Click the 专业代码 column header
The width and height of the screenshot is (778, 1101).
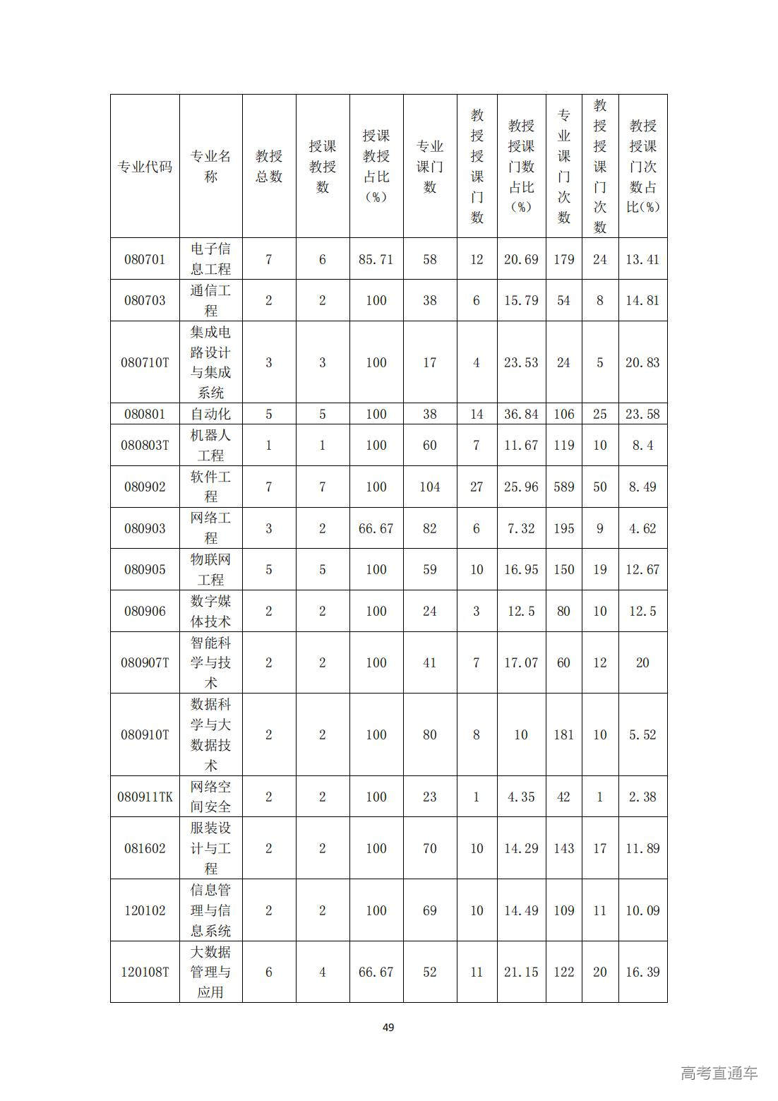(x=145, y=167)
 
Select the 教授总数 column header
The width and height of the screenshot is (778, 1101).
(x=268, y=167)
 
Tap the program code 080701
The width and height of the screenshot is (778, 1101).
(x=145, y=259)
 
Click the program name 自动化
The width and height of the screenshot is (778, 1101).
(x=210, y=414)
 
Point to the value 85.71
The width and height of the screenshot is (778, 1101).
(x=376, y=259)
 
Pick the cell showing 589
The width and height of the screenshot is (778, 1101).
(x=563, y=487)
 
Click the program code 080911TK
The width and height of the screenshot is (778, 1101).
(x=145, y=797)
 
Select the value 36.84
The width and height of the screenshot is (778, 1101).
(x=521, y=414)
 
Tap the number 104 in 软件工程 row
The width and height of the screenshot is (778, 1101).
(x=429, y=487)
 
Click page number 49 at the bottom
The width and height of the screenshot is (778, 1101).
(x=388, y=1028)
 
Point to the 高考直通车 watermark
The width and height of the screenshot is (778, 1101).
(x=719, y=1073)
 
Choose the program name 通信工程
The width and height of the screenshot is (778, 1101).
(x=210, y=300)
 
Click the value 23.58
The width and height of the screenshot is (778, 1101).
(x=642, y=414)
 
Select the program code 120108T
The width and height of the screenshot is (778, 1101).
(x=145, y=972)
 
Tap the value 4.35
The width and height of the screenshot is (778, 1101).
(x=521, y=797)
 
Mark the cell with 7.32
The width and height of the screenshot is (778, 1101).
(x=521, y=528)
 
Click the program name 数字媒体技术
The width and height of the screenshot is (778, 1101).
(x=210, y=611)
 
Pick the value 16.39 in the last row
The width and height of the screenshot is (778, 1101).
(x=642, y=972)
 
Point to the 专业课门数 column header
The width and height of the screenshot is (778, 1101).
(x=429, y=167)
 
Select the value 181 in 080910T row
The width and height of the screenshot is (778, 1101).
(x=563, y=734)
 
